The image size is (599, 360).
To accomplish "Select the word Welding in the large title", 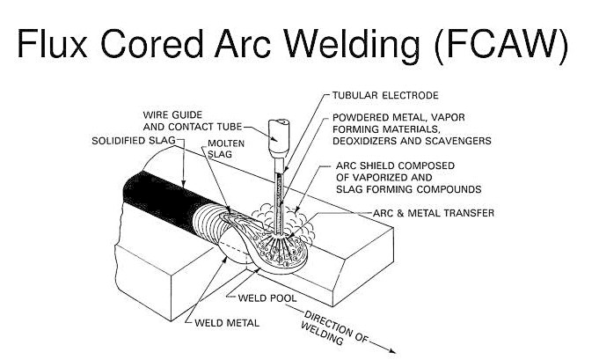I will coord(356,43).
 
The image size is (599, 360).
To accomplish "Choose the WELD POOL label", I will coord(267,298).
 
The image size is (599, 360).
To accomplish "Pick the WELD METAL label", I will coord(227,323).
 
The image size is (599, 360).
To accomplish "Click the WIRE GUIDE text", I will coord(172,114).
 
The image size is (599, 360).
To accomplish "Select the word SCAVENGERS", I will coord(455,140).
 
